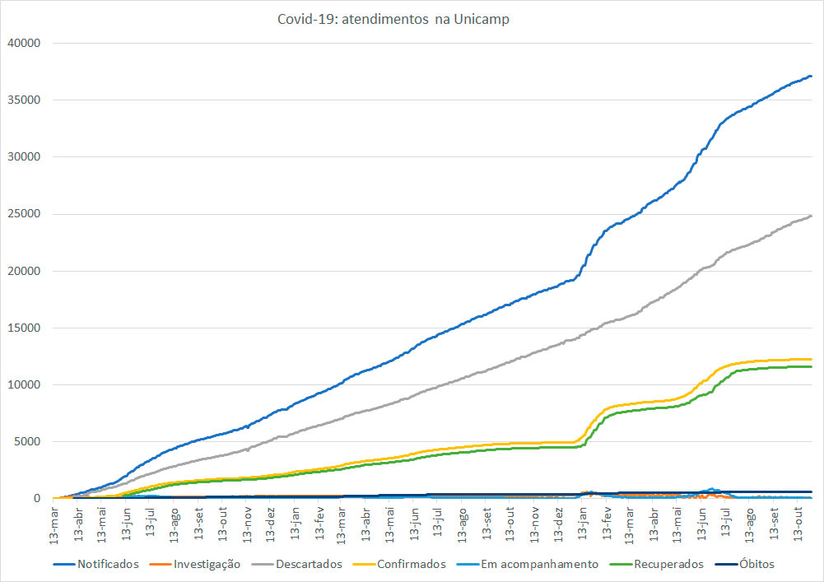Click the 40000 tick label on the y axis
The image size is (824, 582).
point(23,43)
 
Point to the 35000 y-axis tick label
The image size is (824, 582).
point(23,100)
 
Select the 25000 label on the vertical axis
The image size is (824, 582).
point(23,214)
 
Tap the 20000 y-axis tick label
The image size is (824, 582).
point(23,271)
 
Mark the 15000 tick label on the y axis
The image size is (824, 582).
point(23,328)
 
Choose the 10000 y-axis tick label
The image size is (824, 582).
point(23,384)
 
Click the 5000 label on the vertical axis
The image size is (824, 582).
point(26,441)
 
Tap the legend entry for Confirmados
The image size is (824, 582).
point(411,564)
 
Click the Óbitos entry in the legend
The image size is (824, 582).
point(756,564)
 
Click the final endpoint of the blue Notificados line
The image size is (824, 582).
point(812,77)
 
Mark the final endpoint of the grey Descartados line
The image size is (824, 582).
point(812,216)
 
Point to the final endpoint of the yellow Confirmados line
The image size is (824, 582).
point(812,359)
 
